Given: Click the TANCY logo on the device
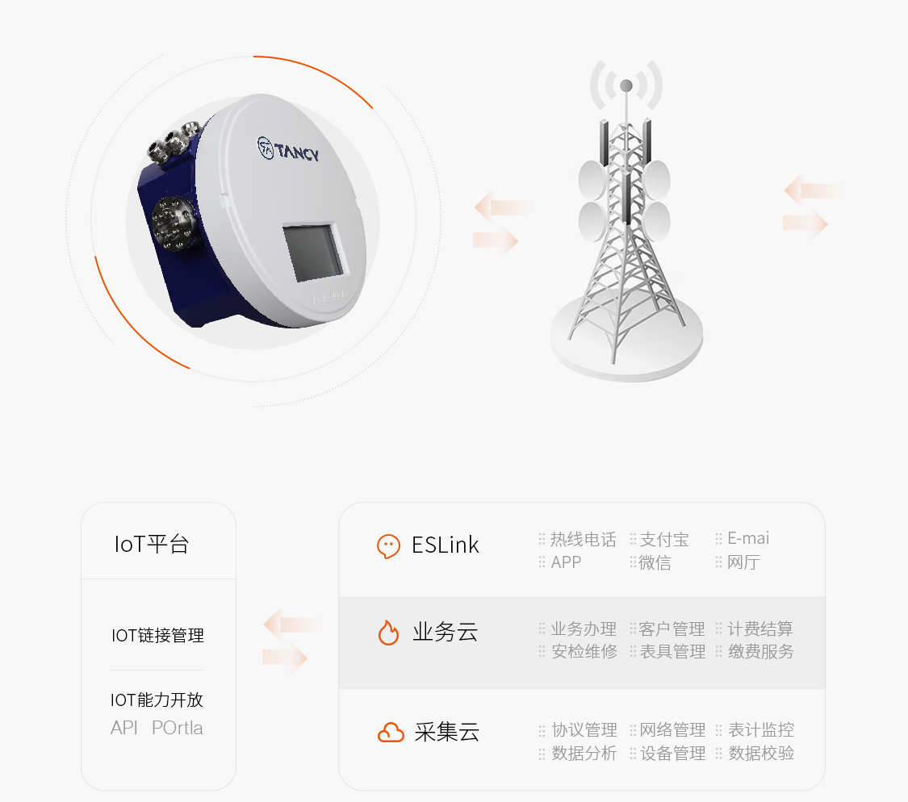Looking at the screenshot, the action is coord(288,149).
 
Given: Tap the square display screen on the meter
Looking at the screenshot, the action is coord(313,252).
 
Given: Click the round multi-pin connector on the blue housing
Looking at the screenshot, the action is coord(171,223).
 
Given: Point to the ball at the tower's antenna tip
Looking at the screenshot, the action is coord(626,86).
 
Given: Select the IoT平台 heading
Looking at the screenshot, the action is coord(152,544).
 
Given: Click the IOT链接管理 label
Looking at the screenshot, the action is coord(157,635).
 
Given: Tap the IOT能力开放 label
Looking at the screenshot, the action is coord(157,700).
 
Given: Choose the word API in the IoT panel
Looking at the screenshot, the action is coord(124,727).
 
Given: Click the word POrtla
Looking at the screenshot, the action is coord(178,727).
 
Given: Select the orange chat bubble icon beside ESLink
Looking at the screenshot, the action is coord(388,545).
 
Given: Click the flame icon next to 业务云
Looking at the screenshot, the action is coord(388,632).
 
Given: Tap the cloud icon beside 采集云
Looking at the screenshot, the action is coord(391,733).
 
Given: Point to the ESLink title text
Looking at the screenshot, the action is coord(446,545).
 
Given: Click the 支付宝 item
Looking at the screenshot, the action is coord(664,539).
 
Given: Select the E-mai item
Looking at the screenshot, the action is coord(748,538).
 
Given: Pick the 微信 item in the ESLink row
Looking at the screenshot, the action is coord(655,562).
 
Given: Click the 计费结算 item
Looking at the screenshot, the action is coord(760,629).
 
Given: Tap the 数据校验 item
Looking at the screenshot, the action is coord(761,753).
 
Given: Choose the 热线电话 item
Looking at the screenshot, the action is coord(583,539).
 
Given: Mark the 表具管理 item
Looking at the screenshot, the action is coord(672,651).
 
